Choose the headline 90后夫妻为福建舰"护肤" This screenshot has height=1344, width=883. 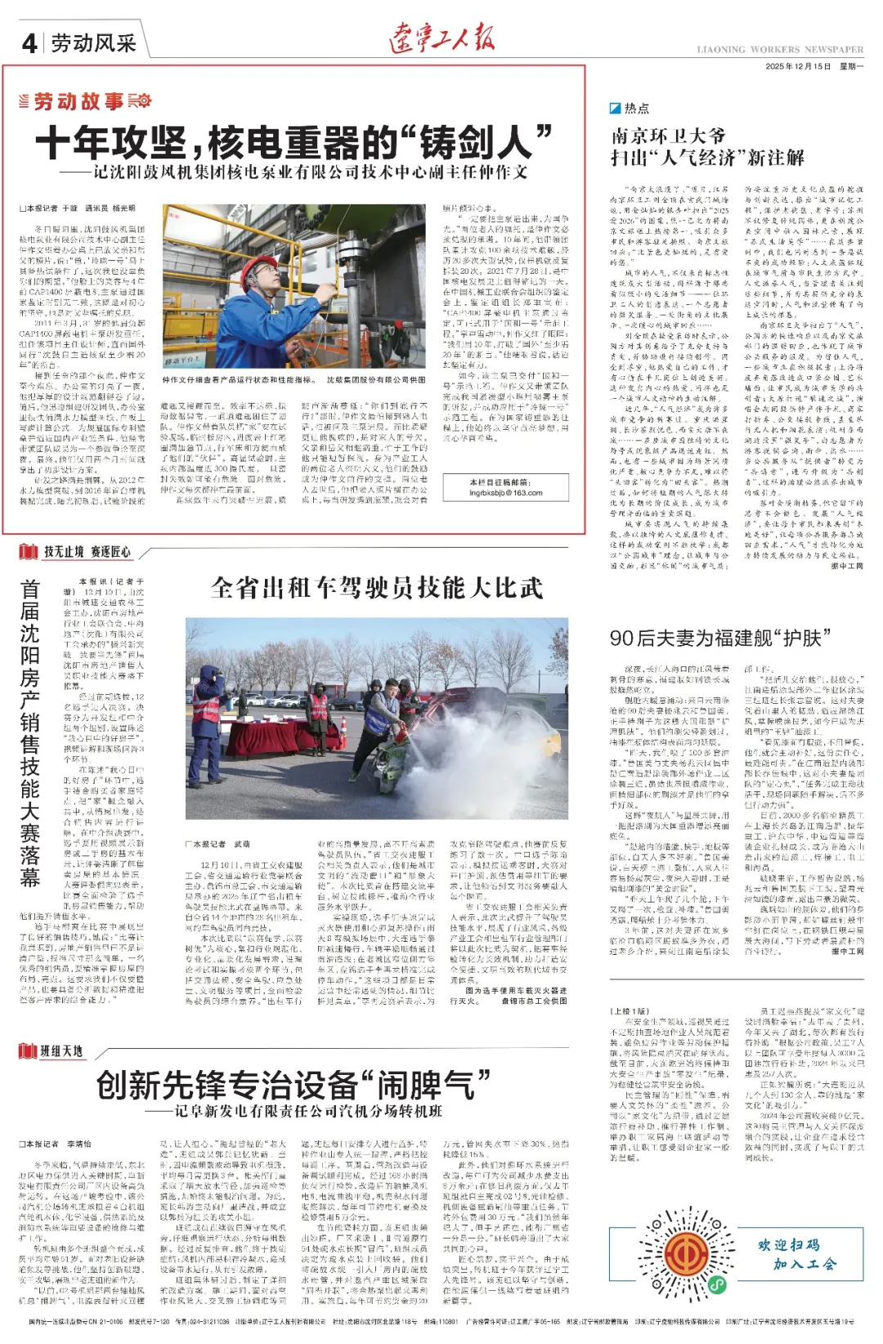[x=715, y=638]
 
